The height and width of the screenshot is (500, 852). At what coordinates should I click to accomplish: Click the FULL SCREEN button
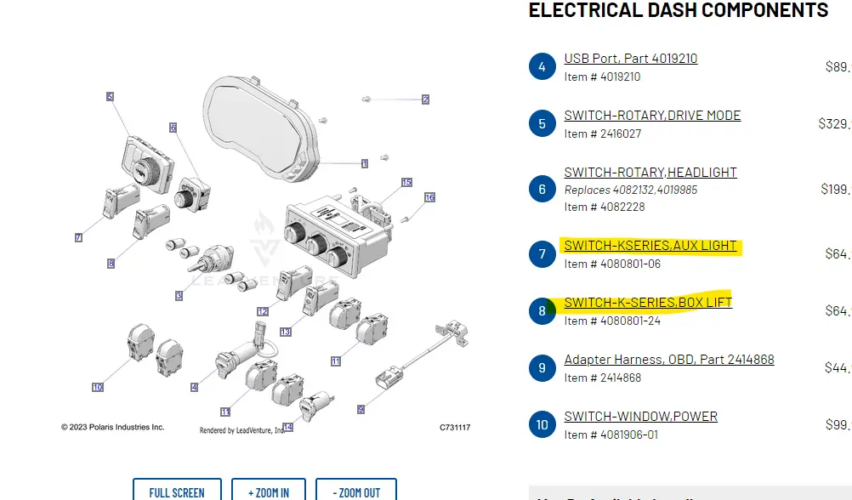coord(177,491)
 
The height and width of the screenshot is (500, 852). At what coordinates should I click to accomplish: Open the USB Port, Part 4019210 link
coord(630,59)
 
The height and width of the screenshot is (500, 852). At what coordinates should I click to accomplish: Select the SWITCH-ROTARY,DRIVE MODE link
coord(652,116)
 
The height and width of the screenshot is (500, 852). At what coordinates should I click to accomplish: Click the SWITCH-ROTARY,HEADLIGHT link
coord(650,173)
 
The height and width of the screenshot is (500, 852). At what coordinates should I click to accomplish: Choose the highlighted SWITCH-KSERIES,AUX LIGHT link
coord(650,246)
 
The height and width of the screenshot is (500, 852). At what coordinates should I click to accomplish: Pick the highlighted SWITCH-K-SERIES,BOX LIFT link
coord(648,303)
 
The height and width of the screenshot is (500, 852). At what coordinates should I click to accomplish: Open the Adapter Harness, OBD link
coord(669,360)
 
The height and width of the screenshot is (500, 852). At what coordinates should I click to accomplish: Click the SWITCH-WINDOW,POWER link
coord(640,417)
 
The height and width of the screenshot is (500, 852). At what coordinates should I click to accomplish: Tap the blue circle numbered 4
coord(542,66)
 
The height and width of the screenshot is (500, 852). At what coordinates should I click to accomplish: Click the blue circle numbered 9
coord(542,368)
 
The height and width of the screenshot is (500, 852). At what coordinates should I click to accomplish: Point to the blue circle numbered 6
coord(542,189)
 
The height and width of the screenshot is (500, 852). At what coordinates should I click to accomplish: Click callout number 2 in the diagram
coord(425,99)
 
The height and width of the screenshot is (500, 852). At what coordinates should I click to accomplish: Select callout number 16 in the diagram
coord(429,197)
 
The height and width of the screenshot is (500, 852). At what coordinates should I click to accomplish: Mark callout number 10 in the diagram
coord(98,388)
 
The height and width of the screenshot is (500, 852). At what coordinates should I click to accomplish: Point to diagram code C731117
coord(455,427)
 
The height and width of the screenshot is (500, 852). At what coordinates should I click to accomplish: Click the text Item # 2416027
coord(603,134)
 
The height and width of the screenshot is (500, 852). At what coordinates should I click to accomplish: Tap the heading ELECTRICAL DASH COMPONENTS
coord(679,10)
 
